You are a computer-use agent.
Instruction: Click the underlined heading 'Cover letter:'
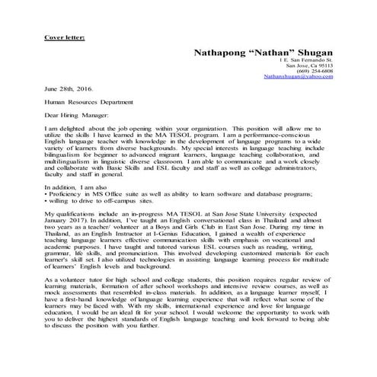click(64, 36)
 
